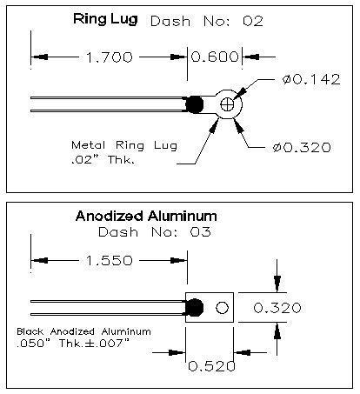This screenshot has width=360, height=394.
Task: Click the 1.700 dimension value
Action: (x=110, y=57)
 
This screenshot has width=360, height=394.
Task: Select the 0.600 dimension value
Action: (x=215, y=57)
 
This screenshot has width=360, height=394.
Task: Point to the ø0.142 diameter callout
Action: (x=311, y=79)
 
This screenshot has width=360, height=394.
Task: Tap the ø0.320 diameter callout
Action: (x=302, y=148)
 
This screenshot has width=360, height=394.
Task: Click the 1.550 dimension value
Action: (x=110, y=260)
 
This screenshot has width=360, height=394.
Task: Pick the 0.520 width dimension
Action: (x=211, y=366)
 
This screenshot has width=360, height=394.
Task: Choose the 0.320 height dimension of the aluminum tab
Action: (x=277, y=308)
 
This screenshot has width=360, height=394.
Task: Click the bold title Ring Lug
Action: (x=105, y=19)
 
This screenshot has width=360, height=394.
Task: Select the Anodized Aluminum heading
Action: (x=146, y=217)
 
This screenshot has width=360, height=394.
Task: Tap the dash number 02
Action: (x=253, y=22)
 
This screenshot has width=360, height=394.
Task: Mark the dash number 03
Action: (x=201, y=232)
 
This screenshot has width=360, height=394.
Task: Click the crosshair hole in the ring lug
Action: (x=227, y=104)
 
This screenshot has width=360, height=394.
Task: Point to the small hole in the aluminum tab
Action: (x=223, y=308)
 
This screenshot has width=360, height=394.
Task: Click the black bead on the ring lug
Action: (x=194, y=104)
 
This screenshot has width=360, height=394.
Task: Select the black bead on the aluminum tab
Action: (x=194, y=307)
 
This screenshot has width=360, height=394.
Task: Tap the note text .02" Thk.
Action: (x=103, y=160)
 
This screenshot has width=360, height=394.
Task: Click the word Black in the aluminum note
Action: (x=30, y=331)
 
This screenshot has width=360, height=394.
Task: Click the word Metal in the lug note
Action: (x=89, y=144)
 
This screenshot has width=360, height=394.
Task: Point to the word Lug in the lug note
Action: (x=165, y=145)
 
